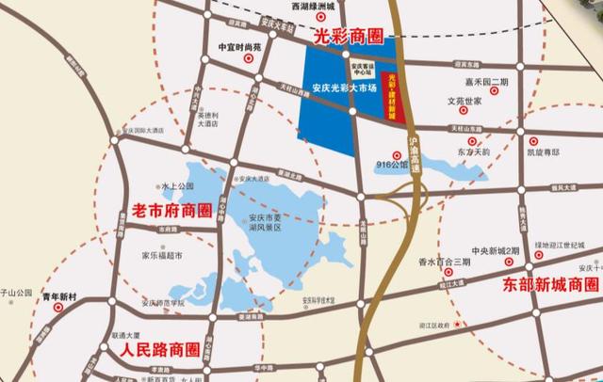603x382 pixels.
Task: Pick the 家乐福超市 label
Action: [162, 255]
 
